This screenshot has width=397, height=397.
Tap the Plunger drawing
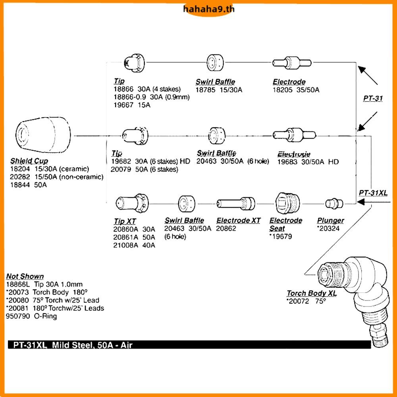tap(332, 204)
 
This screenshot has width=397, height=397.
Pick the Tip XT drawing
tap(132, 203)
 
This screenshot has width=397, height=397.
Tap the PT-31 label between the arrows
tap(373, 98)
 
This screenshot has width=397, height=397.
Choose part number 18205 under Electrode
tap(282, 90)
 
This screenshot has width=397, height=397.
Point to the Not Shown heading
tap(25, 276)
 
